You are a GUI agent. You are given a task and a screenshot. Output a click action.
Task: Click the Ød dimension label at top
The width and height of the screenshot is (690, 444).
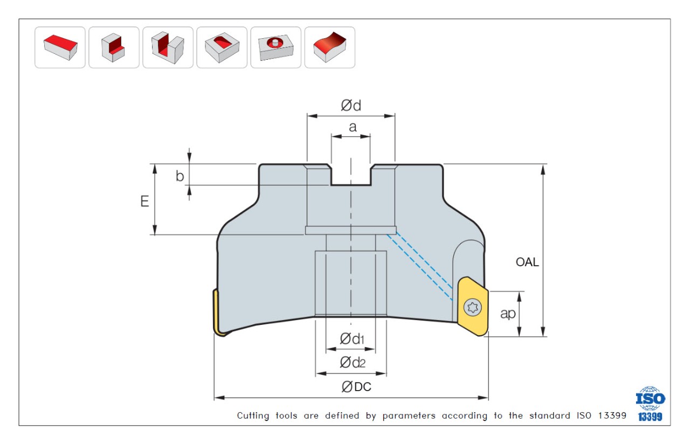[350, 106]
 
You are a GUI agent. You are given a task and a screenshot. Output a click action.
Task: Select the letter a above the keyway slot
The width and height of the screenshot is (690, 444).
[353, 127]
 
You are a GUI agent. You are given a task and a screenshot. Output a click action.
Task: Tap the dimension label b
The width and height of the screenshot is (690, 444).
[180, 176]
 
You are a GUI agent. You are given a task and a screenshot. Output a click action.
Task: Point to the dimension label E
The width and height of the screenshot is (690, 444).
[144, 201]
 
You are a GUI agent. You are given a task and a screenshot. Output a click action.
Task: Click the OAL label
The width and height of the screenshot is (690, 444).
[527, 263]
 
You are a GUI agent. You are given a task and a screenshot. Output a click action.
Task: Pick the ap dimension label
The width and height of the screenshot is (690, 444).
[508, 314]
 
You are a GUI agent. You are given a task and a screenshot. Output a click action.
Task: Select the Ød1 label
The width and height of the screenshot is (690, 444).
[352, 339]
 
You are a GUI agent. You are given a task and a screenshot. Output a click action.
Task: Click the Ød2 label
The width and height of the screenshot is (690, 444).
[352, 363]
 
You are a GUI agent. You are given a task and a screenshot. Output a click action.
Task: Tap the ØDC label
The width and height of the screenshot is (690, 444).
[356, 386]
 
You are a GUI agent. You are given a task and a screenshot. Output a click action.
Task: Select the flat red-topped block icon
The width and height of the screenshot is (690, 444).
[60, 47]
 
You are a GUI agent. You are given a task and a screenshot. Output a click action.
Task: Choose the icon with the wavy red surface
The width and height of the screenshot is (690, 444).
[329, 47]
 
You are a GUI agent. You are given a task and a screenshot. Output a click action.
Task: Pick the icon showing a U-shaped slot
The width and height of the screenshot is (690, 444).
[168, 47]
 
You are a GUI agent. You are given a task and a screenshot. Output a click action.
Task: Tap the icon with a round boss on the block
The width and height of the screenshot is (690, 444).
[275, 47]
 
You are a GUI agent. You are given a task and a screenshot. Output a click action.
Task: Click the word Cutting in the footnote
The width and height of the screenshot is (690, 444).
[253, 416]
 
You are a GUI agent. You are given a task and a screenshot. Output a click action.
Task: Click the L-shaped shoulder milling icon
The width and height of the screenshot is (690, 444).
[114, 47]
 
